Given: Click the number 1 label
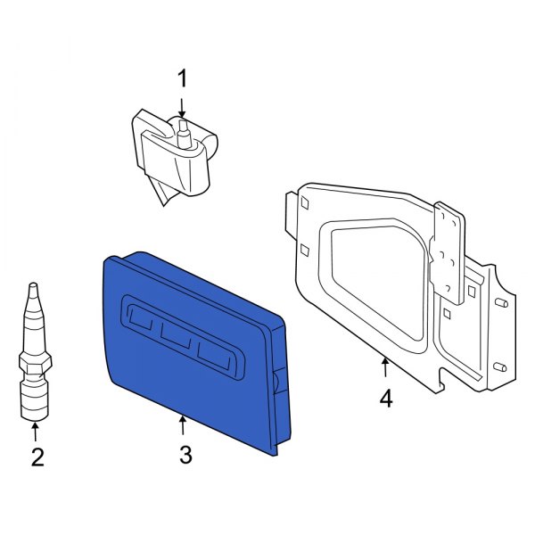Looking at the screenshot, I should tap(182, 79).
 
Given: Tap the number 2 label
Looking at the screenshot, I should tap(37, 458).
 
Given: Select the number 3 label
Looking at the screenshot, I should tap(185, 455).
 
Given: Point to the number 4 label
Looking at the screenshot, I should tap(385, 399).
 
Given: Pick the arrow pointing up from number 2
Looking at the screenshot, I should tap(37, 432).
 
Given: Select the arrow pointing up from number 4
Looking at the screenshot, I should tap(384, 367).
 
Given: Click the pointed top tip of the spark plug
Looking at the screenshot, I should tap(31, 287).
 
